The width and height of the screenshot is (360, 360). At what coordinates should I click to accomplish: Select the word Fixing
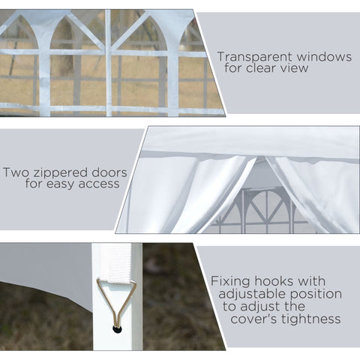tap(229, 281)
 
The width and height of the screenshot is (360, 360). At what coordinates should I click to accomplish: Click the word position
tap(316, 294)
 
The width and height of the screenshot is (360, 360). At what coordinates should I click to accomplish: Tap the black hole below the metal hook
tap(115, 328)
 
